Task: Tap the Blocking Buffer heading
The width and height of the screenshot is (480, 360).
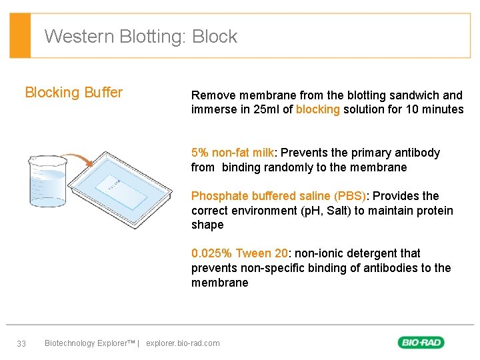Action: pyautogui.click(x=73, y=93)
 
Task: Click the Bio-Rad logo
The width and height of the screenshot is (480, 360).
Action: pyautogui.click(x=421, y=343)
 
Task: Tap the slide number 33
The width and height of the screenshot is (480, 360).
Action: pyautogui.click(x=21, y=343)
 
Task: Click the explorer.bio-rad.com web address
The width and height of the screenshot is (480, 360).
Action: pyautogui.click(x=183, y=343)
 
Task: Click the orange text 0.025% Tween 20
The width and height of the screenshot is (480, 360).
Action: pyautogui.click(x=239, y=253)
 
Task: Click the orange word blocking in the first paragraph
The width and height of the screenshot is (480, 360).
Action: pyautogui.click(x=318, y=109)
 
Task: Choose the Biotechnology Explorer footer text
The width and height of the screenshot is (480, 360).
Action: pyautogui.click(x=89, y=343)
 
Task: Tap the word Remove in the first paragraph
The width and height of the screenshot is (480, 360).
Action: pyautogui.click(x=212, y=95)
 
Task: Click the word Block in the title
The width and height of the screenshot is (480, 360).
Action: pyautogui.click(x=215, y=36)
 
